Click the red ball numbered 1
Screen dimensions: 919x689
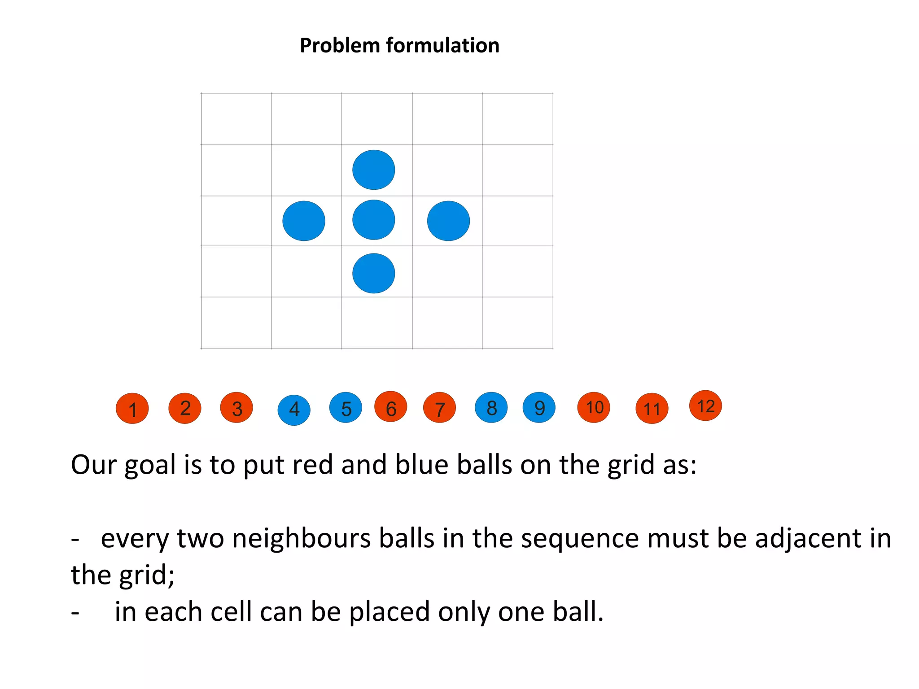(x=132, y=408)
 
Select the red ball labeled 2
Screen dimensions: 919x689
(x=185, y=408)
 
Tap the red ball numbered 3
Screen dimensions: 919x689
(x=236, y=407)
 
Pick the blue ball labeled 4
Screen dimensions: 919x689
(x=294, y=410)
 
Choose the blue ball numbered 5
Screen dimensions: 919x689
(x=346, y=407)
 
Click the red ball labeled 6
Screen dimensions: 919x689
(x=391, y=406)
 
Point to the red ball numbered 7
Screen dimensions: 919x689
(x=440, y=408)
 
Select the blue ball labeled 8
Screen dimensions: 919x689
(x=491, y=407)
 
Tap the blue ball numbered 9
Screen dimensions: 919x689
(x=539, y=407)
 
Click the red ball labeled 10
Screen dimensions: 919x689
(x=594, y=407)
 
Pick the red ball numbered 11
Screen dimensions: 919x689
(x=652, y=408)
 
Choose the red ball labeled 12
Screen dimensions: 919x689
(x=705, y=406)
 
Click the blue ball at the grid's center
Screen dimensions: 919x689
(x=374, y=220)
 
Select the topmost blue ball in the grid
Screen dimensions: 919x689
(x=374, y=170)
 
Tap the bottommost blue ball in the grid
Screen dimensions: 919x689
(x=374, y=273)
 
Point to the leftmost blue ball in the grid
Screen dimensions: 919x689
(x=304, y=221)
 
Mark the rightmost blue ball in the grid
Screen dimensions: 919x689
(x=449, y=221)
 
